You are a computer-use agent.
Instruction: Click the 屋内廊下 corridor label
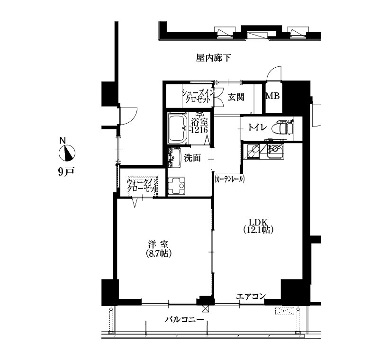pos(213,58)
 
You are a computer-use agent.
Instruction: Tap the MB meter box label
pos(273,96)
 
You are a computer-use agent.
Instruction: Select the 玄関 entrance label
pos(236,97)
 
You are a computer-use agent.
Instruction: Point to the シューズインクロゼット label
pos(198,96)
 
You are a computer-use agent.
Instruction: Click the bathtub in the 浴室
pos(179,129)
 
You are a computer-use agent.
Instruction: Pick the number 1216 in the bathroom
pos(199,130)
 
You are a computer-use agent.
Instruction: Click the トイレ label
pos(257,127)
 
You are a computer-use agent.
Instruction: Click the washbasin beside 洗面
pos(175,158)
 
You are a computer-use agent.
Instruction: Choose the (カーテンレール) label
pos(229,179)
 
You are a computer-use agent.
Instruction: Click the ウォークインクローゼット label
pos(143,185)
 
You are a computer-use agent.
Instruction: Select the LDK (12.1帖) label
pos(258,225)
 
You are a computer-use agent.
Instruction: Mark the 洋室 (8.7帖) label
pos(159,249)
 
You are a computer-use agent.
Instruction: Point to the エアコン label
pos(251,296)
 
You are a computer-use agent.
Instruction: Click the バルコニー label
pos(184,320)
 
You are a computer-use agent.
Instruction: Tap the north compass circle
pos(67,153)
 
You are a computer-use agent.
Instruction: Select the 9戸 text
pos(66,171)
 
